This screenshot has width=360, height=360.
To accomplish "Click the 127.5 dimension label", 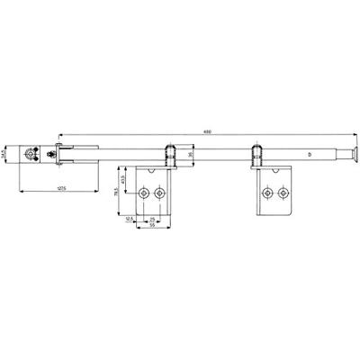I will [x=57, y=187].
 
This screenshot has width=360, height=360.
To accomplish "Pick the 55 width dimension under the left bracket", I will [x=154, y=226].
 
